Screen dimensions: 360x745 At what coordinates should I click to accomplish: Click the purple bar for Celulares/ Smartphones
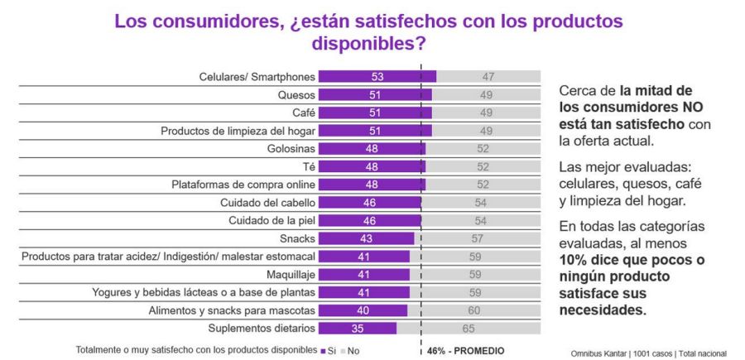click(x=377, y=77)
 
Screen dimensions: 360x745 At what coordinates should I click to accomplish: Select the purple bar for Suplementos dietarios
click(x=358, y=329)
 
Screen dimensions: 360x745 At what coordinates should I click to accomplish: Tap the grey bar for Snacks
click(x=478, y=238)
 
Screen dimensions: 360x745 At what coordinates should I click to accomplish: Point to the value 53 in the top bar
click(x=377, y=77)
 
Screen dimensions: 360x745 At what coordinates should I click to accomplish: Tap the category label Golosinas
click(x=290, y=149)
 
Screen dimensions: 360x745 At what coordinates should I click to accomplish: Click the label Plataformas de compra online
click(x=243, y=185)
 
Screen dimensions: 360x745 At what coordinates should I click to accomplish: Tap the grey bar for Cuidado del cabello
click(x=481, y=203)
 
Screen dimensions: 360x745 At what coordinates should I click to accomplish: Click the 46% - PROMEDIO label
click(x=465, y=351)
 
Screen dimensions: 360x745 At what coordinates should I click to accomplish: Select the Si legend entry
click(x=329, y=350)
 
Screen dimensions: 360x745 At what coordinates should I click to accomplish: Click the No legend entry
click(x=351, y=350)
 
